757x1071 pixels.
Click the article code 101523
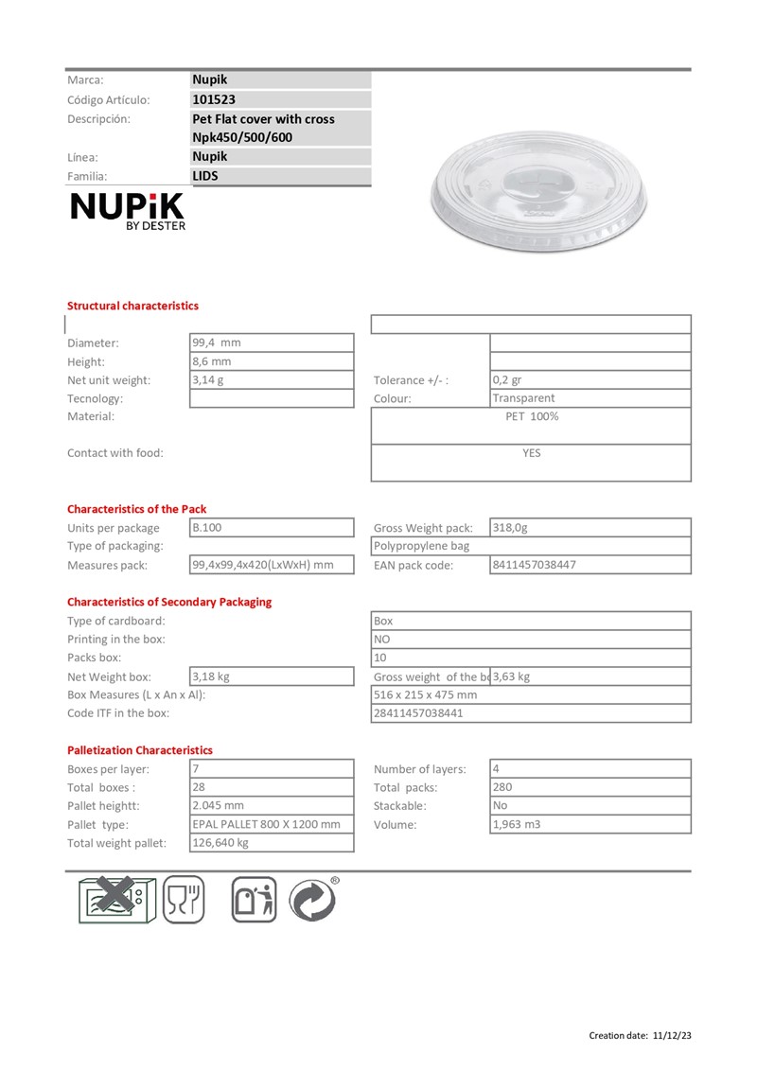click(214, 99)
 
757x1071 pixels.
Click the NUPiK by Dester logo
click(129, 211)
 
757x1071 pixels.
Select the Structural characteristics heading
click(132, 306)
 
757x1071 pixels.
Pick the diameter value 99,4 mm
click(217, 342)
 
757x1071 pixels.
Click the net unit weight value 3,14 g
click(208, 380)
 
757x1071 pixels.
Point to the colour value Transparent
click(523, 398)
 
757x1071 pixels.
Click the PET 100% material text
click(532, 416)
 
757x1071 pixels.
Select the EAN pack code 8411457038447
click(534, 565)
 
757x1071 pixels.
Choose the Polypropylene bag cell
click(422, 546)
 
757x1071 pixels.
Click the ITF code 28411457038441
click(418, 713)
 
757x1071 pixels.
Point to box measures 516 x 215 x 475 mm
click(425, 694)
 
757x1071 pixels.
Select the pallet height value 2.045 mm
click(218, 806)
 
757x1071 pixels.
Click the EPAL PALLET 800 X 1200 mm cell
click(266, 824)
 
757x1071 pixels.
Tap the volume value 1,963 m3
click(517, 824)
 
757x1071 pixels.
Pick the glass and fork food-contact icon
click(184, 899)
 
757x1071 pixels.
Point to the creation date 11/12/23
click(672, 1036)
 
